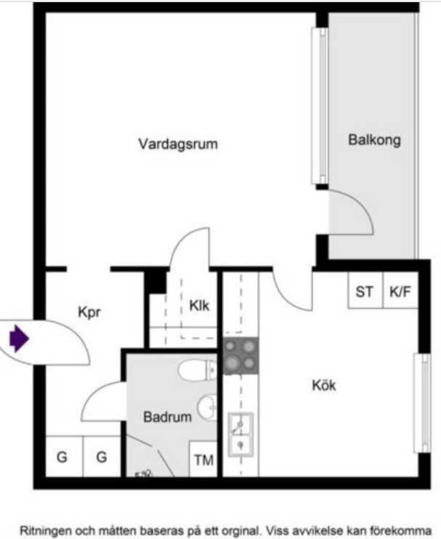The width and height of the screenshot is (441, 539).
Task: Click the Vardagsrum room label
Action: pyautogui.click(x=178, y=144)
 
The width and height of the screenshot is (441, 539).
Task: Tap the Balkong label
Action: pyautogui.click(x=374, y=139)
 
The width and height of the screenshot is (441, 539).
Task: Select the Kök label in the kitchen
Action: pyautogui.click(x=324, y=385)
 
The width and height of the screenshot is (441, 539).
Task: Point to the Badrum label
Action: pyautogui.click(x=167, y=417)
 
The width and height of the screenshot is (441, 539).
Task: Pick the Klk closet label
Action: pyautogui.click(x=199, y=306)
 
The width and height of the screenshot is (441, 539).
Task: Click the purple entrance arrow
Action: pyautogui.click(x=18, y=339)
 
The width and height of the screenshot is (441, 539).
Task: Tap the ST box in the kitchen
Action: pyautogui.click(x=365, y=291)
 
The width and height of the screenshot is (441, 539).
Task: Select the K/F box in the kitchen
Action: pyautogui.click(x=400, y=291)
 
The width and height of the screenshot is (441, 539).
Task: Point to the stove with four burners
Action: pyautogui.click(x=240, y=356)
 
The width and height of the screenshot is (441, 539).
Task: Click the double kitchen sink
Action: pyautogui.click(x=240, y=434)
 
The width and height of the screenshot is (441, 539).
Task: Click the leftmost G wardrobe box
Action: pyautogui.click(x=62, y=458)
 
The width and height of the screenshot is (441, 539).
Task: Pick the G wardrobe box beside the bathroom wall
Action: pyautogui.click(x=102, y=458)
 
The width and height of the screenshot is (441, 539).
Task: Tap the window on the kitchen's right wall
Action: pyautogui.click(x=421, y=402)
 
